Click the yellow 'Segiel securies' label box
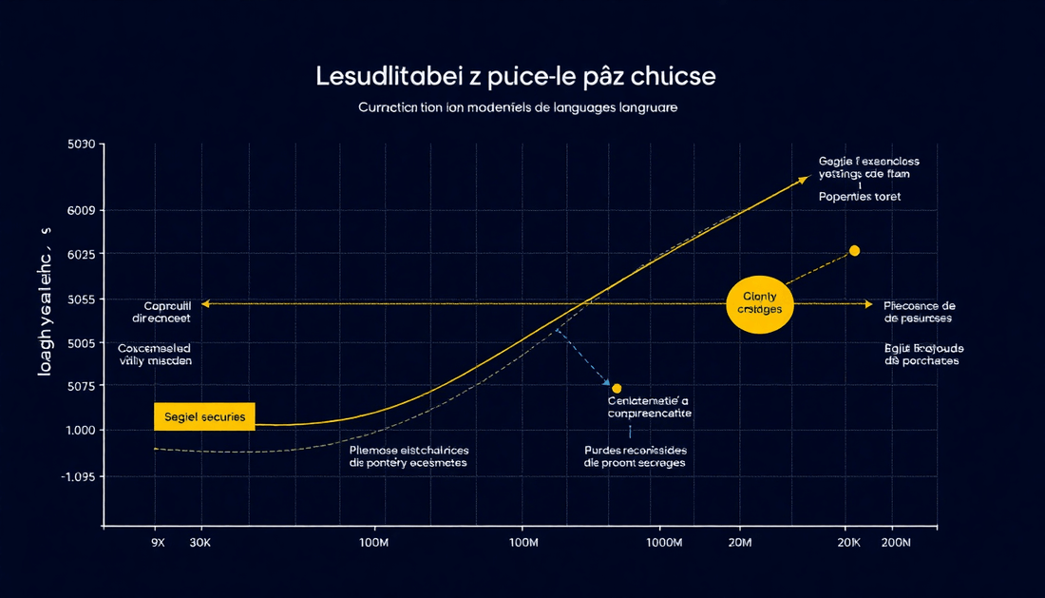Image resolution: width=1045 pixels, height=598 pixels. click(204, 416)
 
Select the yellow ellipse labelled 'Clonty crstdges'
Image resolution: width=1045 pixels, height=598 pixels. click(759, 304)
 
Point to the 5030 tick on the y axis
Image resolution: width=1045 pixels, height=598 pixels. click(81, 145)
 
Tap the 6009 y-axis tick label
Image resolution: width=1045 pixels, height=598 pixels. click(81, 210)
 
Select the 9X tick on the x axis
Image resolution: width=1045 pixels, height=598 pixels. click(158, 542)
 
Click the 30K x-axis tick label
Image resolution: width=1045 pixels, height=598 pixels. click(201, 542)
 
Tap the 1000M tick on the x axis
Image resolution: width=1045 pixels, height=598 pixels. click(664, 542)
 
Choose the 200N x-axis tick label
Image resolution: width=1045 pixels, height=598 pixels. click(895, 542)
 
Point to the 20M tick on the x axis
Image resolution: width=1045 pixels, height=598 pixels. click(739, 542)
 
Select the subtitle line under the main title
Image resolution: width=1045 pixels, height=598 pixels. click(518, 108)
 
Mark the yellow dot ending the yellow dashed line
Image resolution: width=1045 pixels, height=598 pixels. click(854, 250)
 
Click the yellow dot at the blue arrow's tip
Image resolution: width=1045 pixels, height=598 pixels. click(617, 388)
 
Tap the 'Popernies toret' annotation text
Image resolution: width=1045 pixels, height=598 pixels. click(860, 197)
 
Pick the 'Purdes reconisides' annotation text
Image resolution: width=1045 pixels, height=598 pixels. click(635, 450)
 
